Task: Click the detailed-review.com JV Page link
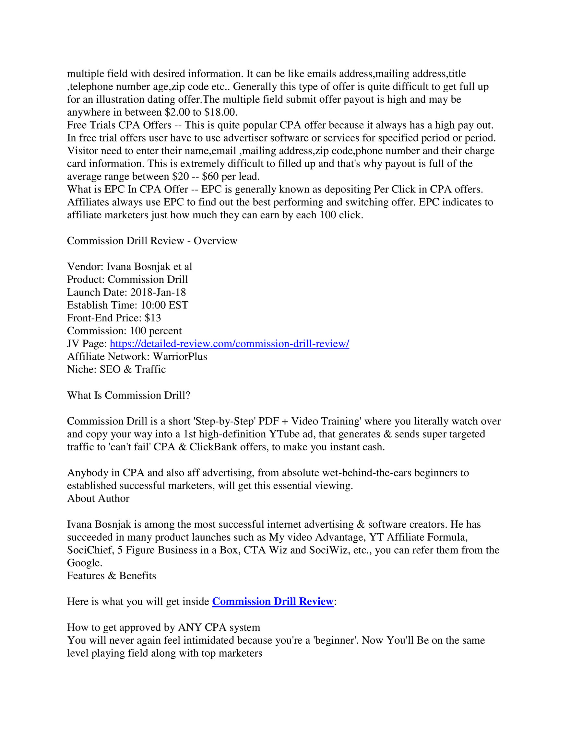pos(229,343)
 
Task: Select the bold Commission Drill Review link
pos(272,601)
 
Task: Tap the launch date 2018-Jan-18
pos(158,292)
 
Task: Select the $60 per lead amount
pos(210,177)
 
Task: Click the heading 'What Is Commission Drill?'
pos(129,395)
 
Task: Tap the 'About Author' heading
pos(98,499)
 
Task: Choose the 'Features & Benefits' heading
pos(112,576)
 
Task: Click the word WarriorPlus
pos(180,356)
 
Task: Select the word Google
pos(84,563)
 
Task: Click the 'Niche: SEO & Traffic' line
pos(116,369)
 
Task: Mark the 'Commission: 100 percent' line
pos(124,331)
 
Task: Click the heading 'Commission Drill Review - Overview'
pos(152,241)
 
